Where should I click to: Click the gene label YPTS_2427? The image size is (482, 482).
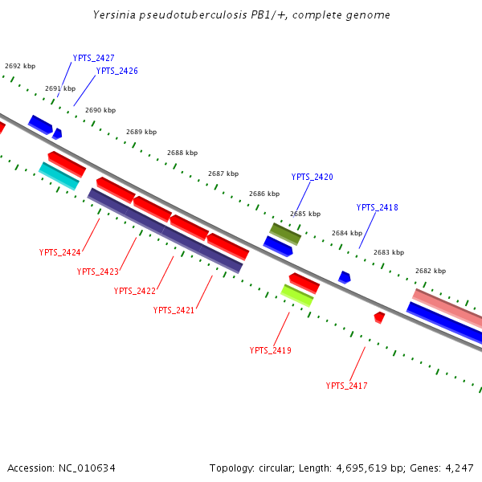point(93,58)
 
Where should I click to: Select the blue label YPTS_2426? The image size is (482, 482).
point(116,71)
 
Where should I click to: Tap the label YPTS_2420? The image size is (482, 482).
point(312,177)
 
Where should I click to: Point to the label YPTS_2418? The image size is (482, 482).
point(377,207)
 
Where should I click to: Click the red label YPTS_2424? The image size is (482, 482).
point(59,252)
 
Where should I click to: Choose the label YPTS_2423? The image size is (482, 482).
point(97,272)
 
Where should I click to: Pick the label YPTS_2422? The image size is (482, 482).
point(134,291)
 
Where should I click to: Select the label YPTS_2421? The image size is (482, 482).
point(174,310)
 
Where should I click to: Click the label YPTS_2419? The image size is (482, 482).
point(270,350)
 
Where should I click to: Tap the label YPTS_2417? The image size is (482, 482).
point(346,386)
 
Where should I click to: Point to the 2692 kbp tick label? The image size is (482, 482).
point(20,66)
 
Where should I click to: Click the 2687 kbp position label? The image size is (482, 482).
point(223,174)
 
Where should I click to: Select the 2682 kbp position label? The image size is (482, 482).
point(431,271)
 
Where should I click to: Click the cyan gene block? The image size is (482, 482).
point(59,176)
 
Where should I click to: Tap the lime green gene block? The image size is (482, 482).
point(296,296)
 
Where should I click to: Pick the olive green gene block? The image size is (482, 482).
point(284,234)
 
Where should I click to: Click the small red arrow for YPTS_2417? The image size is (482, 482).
point(379,317)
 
